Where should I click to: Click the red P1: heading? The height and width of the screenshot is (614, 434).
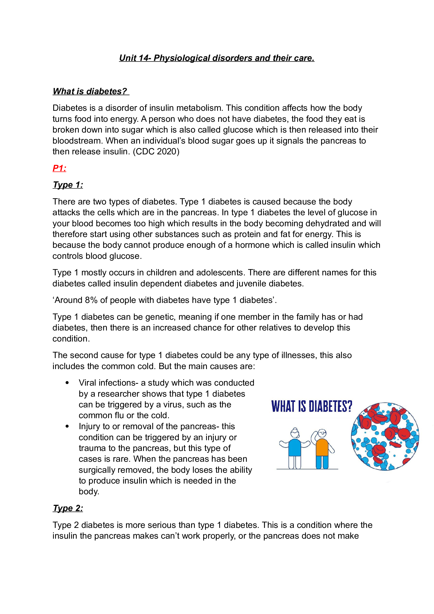point(59,168)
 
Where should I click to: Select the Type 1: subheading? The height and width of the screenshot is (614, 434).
point(68,185)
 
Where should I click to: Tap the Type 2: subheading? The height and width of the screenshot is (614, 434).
point(68,508)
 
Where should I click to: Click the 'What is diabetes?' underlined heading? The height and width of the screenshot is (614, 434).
point(90,91)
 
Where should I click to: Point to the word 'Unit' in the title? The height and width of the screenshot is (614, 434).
point(127,58)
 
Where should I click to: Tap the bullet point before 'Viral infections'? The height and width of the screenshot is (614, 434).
point(67,383)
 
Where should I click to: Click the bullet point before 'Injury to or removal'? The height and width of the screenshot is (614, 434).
point(67,426)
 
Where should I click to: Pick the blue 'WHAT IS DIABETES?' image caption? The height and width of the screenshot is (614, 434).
point(312,406)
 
